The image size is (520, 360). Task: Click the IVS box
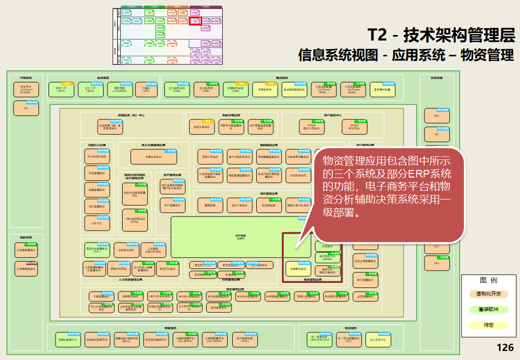tap(26, 108)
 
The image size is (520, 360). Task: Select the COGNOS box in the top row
tap(120, 90)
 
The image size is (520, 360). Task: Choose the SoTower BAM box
tap(354, 90)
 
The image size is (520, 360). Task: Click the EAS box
tap(436, 263)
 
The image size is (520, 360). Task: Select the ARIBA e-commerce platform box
tap(327, 257)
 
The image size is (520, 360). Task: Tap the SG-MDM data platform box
tap(185, 340)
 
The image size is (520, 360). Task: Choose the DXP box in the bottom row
tap(244, 340)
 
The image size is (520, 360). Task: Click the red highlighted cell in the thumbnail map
tap(195, 21)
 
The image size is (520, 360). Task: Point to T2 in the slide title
tap(377, 35)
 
